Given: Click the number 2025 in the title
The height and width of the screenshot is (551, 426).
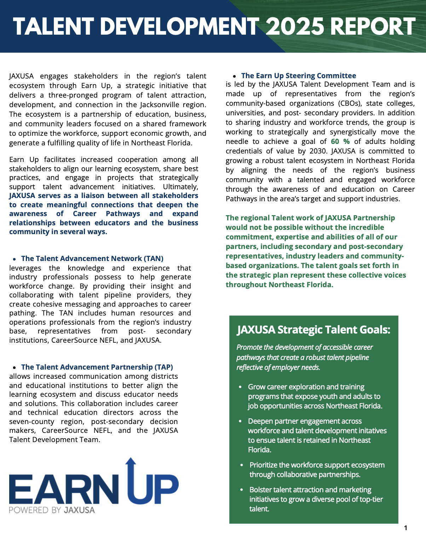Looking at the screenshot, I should pyautogui.click(x=295, y=27).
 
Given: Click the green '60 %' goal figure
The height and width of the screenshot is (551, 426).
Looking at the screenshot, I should pyautogui.click(x=340, y=141).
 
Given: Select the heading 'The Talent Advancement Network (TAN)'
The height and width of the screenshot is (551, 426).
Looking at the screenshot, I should pyautogui.click(x=92, y=259).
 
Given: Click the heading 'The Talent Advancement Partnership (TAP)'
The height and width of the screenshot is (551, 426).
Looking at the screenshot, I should pyautogui.click(x=97, y=367).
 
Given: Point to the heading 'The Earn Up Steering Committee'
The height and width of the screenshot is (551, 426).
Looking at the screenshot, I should pyautogui.click(x=298, y=76).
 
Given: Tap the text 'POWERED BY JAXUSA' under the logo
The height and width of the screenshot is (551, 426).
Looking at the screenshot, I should pyautogui.click(x=52, y=510).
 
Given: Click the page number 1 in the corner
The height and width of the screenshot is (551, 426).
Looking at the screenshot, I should pyautogui.click(x=405, y=528).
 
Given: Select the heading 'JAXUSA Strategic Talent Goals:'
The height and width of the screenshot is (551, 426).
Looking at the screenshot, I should pyautogui.click(x=313, y=330).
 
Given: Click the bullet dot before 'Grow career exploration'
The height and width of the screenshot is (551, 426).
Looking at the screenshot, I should pyautogui.click(x=241, y=387).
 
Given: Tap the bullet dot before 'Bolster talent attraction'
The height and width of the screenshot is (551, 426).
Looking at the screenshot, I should pyautogui.click(x=242, y=490).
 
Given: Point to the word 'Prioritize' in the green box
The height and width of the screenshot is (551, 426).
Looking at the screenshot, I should pyautogui.click(x=263, y=465).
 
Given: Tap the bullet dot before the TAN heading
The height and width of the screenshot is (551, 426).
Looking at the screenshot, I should pyautogui.click(x=14, y=259).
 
